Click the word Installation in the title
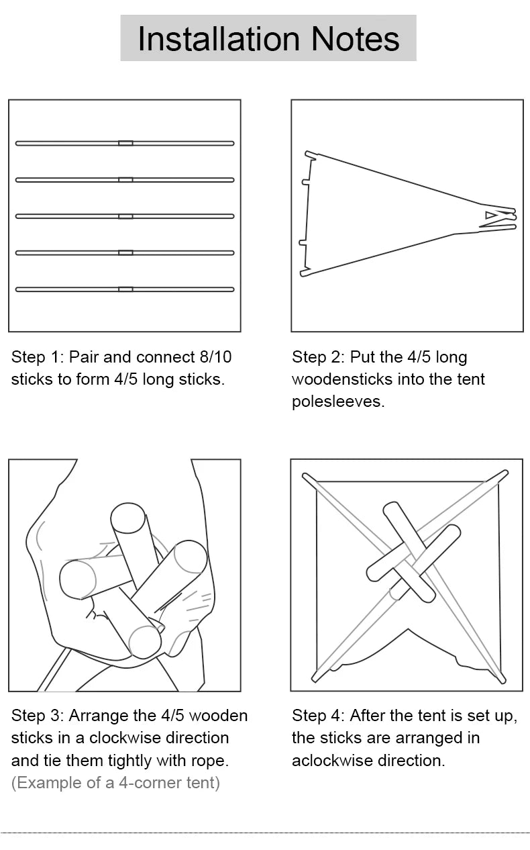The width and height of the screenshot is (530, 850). (219, 39)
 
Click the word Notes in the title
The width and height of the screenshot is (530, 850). (355, 39)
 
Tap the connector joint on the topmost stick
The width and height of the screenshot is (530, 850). (125, 143)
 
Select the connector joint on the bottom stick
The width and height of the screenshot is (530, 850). (125, 289)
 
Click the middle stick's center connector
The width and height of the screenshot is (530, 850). (125, 216)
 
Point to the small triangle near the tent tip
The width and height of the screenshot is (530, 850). (490, 215)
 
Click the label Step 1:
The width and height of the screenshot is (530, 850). (38, 357)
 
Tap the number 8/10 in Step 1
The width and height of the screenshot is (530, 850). (215, 357)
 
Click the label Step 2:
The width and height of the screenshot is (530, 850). (318, 357)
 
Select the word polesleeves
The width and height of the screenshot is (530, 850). (338, 402)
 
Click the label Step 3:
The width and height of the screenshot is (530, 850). (38, 716)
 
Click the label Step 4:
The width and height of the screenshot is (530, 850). (318, 716)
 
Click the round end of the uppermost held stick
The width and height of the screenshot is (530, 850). (128, 518)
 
